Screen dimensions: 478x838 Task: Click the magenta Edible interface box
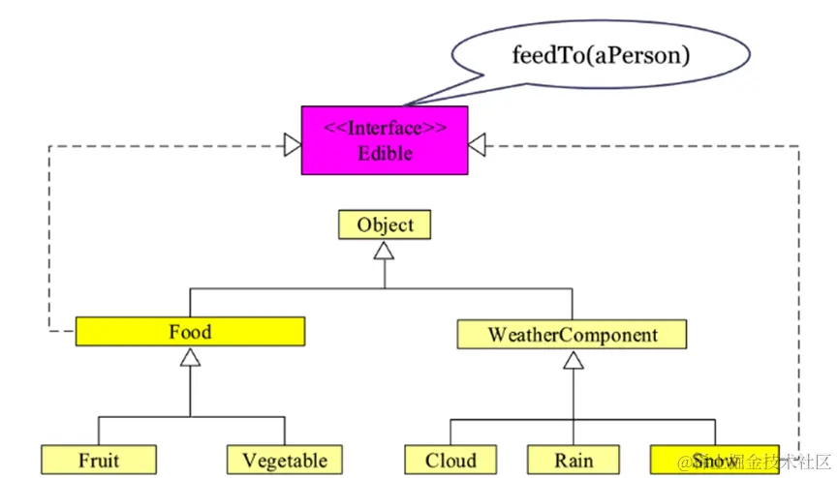click(x=385, y=140)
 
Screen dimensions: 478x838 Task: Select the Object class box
click(x=385, y=225)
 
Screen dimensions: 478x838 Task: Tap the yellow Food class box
click(x=190, y=333)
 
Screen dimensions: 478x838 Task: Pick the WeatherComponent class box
click(x=572, y=335)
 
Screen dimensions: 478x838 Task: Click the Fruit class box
click(x=99, y=460)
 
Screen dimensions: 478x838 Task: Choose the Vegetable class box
click(x=285, y=460)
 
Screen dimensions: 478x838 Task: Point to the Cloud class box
click(x=450, y=460)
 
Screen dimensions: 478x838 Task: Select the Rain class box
click(x=574, y=460)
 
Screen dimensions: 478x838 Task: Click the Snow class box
click(x=707, y=460)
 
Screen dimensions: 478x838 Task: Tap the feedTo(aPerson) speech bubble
click(x=601, y=55)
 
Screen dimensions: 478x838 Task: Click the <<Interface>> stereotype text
click(x=385, y=129)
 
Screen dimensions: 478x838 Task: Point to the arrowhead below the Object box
click(x=385, y=250)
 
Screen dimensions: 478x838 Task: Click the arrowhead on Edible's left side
click(x=292, y=145)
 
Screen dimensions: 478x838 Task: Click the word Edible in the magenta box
click(x=385, y=153)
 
